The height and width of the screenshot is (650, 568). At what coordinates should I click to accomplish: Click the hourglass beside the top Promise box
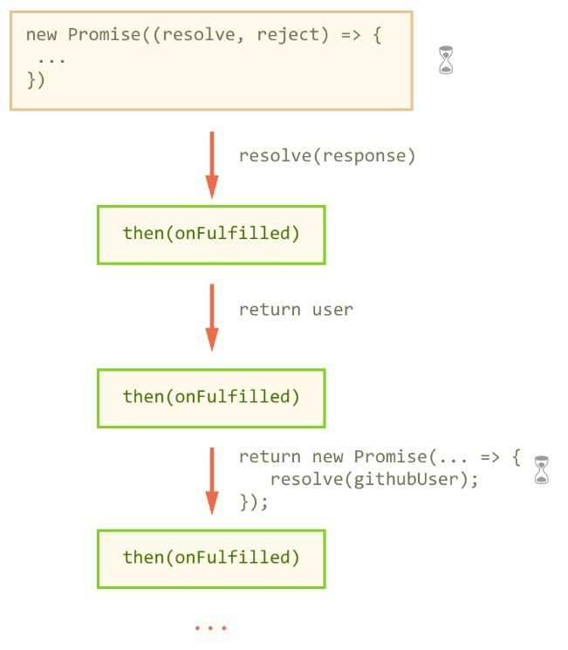pyautogui.click(x=446, y=59)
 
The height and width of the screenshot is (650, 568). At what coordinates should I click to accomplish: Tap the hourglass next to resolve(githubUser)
pyautogui.click(x=542, y=469)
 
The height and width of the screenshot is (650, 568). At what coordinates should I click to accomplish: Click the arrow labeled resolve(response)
pyautogui.click(x=211, y=164)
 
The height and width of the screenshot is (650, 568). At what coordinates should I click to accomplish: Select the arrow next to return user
pyautogui.click(x=211, y=316)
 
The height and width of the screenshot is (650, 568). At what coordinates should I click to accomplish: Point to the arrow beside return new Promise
pyautogui.click(x=211, y=479)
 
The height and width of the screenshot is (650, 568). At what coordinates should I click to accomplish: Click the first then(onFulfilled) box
pyautogui.click(x=211, y=234)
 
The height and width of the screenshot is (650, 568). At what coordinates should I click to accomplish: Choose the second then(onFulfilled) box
pyautogui.click(x=211, y=397)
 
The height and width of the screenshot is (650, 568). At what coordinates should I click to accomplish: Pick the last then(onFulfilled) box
pyautogui.click(x=211, y=558)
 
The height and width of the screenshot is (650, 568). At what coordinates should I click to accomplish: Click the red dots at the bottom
pyautogui.click(x=211, y=627)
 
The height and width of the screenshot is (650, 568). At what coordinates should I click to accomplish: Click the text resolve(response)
pyautogui.click(x=327, y=156)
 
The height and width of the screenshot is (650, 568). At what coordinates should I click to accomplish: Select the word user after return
pyautogui.click(x=332, y=310)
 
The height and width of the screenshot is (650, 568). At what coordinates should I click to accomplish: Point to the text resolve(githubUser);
pyautogui.click(x=374, y=479)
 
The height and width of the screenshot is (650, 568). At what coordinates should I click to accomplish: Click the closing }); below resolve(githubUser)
pyautogui.click(x=254, y=502)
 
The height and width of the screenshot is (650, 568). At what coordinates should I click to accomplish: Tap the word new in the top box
pyautogui.click(x=41, y=35)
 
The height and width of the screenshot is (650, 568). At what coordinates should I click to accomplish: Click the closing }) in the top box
pyautogui.click(x=36, y=80)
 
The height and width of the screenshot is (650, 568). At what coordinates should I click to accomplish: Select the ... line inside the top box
pyautogui.click(x=51, y=58)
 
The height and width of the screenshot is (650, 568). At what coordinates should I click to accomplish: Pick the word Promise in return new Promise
pyautogui.click(x=390, y=457)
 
